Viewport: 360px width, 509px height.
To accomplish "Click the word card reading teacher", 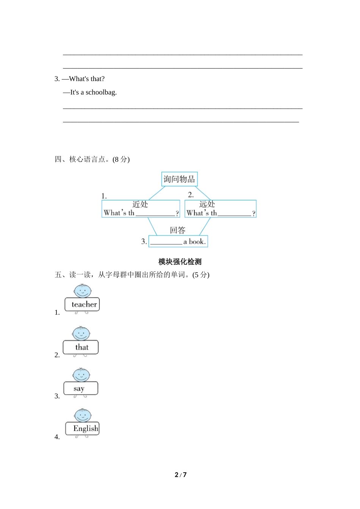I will pyautogui.click(x=82, y=304).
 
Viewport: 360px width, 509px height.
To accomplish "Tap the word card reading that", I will pyautogui.click(x=81, y=347).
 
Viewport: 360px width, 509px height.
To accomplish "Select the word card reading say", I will pyautogui.click(x=80, y=389).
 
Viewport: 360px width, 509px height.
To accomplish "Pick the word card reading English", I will pyautogui.click(x=83, y=429).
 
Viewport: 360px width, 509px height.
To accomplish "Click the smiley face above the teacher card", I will pyautogui.click(x=83, y=291).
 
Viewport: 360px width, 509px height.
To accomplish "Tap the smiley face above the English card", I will pyautogui.click(x=83, y=415).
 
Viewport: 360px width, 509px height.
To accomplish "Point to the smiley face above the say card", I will pyautogui.click(x=81, y=375).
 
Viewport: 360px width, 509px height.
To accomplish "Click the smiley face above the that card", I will pyautogui.click(x=81, y=334).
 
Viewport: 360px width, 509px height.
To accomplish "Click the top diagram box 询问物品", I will pyautogui.click(x=179, y=179).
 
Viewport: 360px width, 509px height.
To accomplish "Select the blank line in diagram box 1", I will pyautogui.click(x=155, y=214).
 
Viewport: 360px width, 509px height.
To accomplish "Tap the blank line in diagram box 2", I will pyautogui.click(x=234, y=214).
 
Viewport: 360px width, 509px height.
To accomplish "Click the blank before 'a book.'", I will pyautogui.click(x=166, y=243).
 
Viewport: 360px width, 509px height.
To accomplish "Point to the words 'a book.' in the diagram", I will pyautogui.click(x=194, y=242).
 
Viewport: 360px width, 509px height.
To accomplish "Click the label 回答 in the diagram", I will pyautogui.click(x=178, y=230).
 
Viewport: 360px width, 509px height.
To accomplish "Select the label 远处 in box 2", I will pyautogui.click(x=207, y=204).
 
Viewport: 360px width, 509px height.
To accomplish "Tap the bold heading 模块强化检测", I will pyautogui.click(x=180, y=262).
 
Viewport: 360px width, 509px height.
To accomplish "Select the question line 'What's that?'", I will pyautogui.click(x=87, y=79).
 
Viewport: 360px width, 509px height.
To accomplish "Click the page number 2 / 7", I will pyautogui.click(x=180, y=475).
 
